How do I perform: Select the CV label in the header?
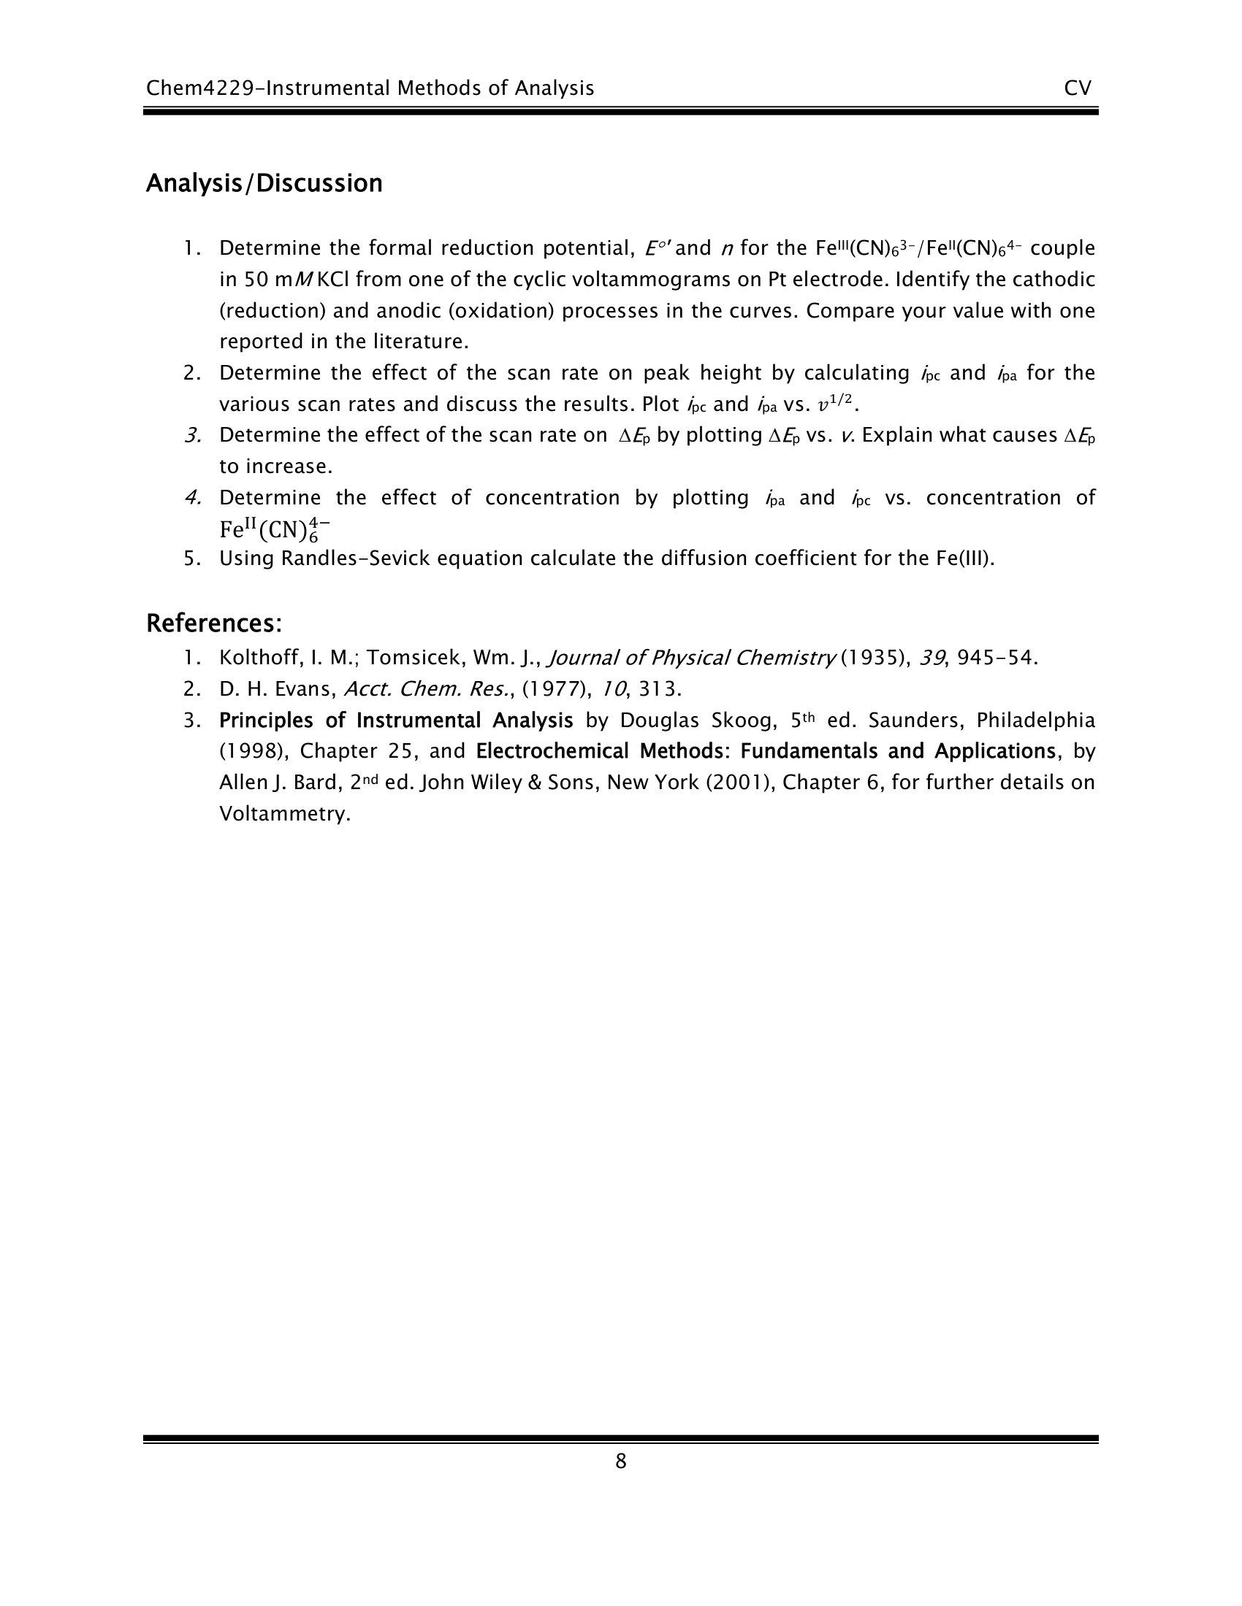[x=1077, y=88]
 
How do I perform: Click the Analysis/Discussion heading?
[x=264, y=183]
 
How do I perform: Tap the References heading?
[x=214, y=623]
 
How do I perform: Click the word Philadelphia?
[x=1035, y=720]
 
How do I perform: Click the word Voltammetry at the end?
[x=284, y=814]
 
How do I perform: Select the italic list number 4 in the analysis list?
[x=193, y=498]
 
